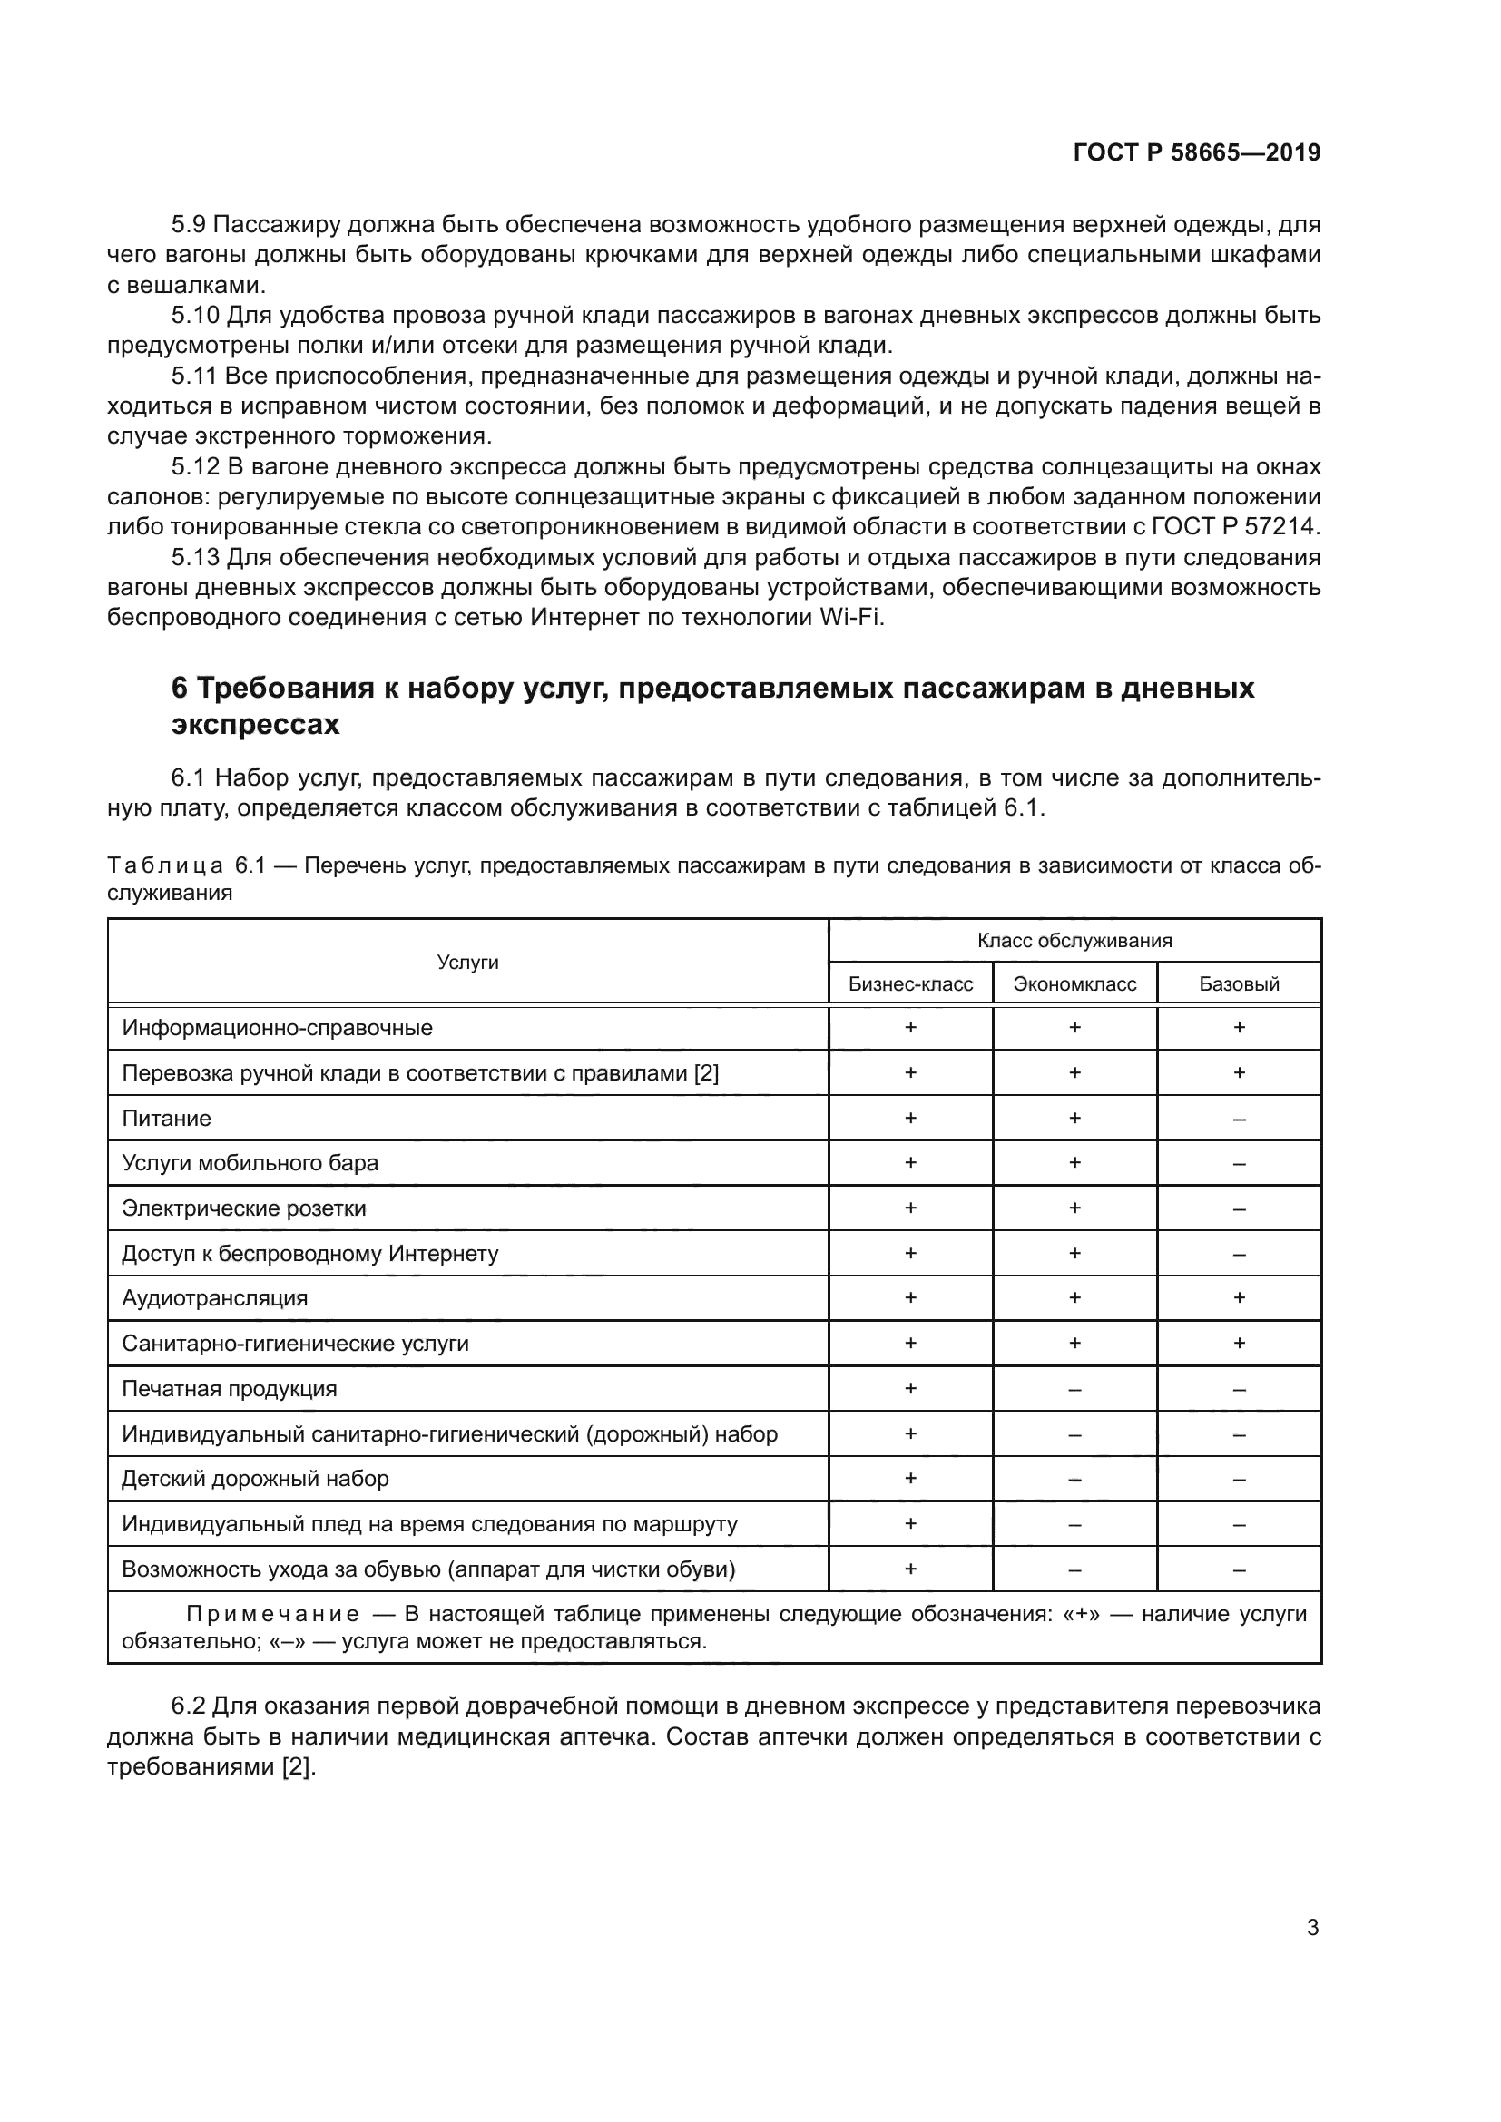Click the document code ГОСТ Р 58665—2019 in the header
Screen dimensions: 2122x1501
tap(1196, 152)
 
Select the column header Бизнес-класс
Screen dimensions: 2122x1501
tap(909, 983)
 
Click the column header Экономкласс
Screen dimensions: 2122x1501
tap(1074, 983)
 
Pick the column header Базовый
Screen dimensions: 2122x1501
tap(1239, 983)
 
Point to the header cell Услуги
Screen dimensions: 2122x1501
tap(467, 962)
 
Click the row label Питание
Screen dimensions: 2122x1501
tap(166, 1119)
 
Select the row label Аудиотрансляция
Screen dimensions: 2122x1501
tap(214, 1298)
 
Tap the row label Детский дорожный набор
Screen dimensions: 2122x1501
tap(255, 1479)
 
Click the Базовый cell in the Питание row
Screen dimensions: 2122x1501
tap(1239, 1120)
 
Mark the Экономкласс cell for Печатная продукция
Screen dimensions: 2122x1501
tap(1074, 1389)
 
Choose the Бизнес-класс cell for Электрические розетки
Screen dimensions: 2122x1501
tap(909, 1208)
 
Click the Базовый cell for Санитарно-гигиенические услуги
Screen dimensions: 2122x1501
tap(1239, 1343)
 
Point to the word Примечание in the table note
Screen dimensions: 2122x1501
tap(272, 1614)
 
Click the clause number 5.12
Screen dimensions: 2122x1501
tap(195, 466)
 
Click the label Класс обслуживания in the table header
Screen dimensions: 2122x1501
tap(1074, 941)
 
